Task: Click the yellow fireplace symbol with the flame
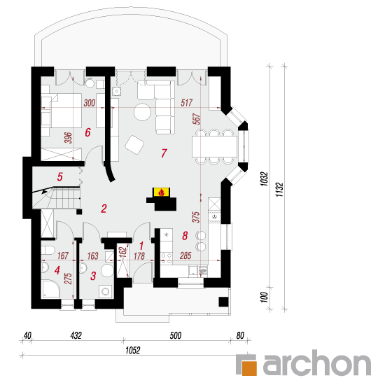pos(161,192)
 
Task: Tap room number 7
pos(164,153)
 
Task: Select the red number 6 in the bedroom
pos(87,132)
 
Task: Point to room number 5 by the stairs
pos(60,177)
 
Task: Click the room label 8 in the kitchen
pos(185,236)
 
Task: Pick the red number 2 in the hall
pos(104,209)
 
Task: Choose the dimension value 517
pos(187,103)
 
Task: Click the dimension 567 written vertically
pos(197,119)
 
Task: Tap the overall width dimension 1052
pos(133,351)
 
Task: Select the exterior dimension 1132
pos(279,190)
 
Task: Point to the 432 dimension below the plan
pos(76,335)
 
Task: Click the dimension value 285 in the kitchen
pos(185,255)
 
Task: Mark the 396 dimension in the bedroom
pos(68,138)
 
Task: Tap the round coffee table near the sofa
pos(142,112)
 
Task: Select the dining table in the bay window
pos(215,146)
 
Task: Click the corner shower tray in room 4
pos(50,289)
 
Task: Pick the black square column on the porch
pos(223,302)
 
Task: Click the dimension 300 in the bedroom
pos(90,103)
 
